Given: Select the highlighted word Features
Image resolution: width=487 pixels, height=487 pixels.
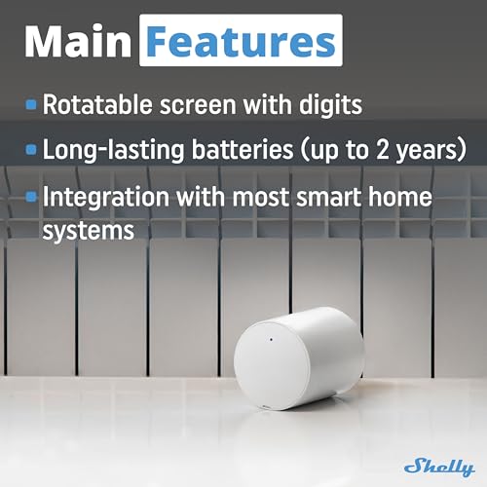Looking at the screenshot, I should point(241,41).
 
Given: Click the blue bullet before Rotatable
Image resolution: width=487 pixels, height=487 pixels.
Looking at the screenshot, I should point(32,101).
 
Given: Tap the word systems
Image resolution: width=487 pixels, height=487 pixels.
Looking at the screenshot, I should point(88,232).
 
